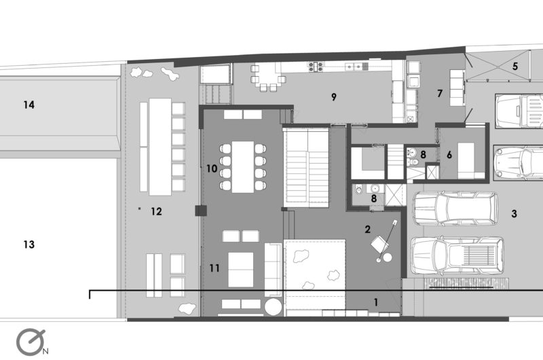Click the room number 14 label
point(29,105)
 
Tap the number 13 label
point(29,245)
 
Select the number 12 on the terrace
point(156,211)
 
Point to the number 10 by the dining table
point(212,168)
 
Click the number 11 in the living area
point(214,268)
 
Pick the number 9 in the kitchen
point(333,97)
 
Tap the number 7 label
point(440,93)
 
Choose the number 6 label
point(449,155)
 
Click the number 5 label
point(515,66)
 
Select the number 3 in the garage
point(514,213)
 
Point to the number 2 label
point(367,229)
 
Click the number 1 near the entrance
point(376,302)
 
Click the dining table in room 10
point(243,166)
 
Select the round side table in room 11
point(274,307)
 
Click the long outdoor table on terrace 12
point(160,147)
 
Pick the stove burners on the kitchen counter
point(316,66)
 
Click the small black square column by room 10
point(201,211)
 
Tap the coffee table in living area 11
point(241,270)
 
